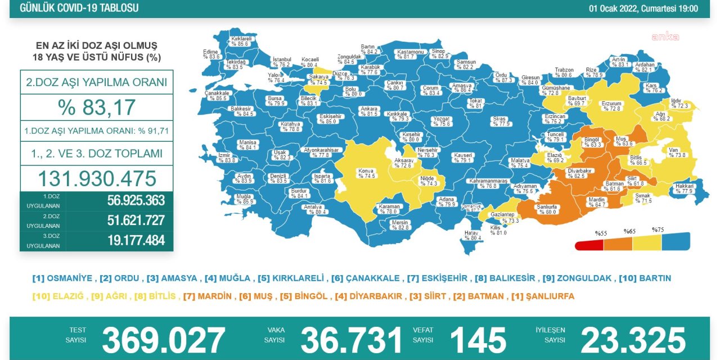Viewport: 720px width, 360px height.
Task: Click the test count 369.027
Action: [163, 340]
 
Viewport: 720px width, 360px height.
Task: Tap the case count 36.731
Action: [352, 340]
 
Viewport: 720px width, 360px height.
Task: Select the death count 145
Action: [478, 340]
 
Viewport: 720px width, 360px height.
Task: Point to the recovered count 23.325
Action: [633, 340]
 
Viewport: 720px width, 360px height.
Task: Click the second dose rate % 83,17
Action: [96, 107]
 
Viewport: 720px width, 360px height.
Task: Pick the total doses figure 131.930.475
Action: [96, 178]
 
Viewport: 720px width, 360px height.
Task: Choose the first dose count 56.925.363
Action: [136, 201]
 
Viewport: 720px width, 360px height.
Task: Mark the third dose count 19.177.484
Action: [136, 241]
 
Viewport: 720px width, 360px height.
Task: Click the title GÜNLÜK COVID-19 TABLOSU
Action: [79, 8]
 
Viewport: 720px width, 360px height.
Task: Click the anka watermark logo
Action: [665, 37]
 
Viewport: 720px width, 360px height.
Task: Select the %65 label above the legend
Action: [629, 231]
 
